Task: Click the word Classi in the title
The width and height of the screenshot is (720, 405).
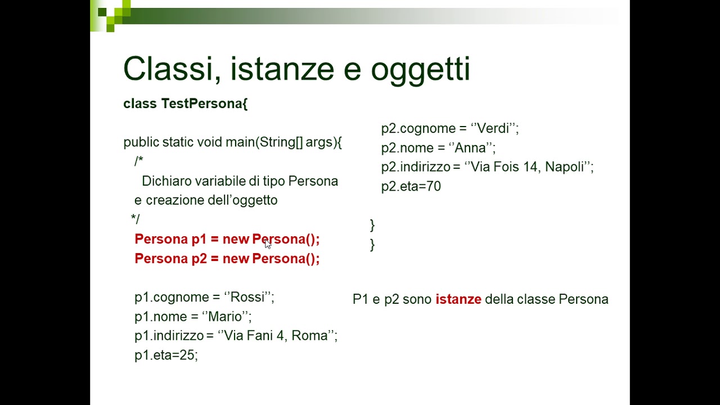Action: point(163,69)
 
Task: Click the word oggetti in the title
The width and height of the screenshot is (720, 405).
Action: point(420,70)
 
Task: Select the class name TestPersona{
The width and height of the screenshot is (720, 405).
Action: point(204,103)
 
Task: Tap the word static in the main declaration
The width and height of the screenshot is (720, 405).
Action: point(178,142)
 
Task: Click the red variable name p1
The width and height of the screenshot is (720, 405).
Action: point(199,240)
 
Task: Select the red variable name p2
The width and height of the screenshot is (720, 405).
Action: point(199,259)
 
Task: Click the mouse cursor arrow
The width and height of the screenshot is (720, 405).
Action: point(267,243)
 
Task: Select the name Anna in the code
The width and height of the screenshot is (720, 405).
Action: point(470,148)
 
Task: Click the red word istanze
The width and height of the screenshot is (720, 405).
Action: point(458,299)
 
